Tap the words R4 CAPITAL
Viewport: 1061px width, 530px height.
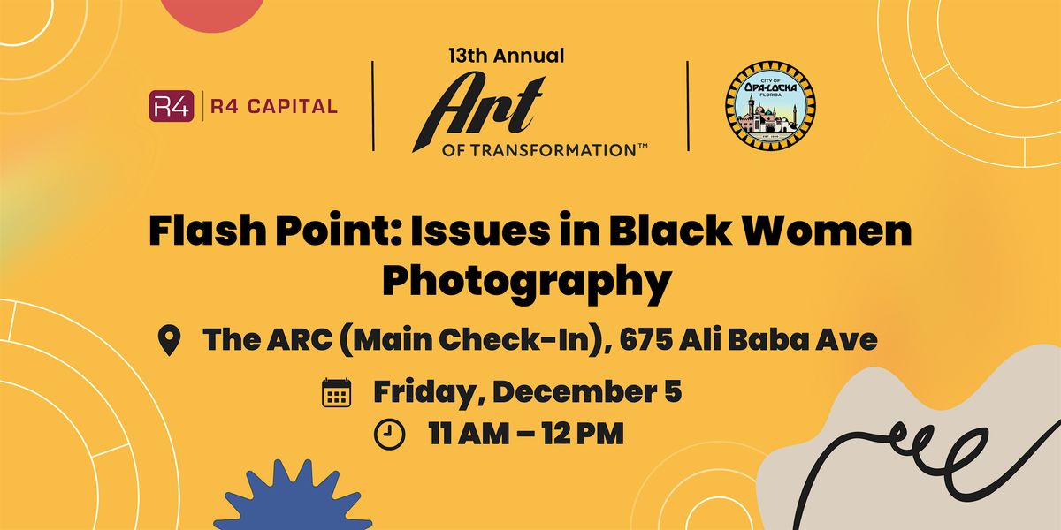click(274, 107)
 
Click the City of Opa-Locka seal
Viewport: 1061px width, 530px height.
click(770, 105)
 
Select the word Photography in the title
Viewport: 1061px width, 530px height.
click(527, 281)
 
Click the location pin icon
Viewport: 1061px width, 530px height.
click(168, 340)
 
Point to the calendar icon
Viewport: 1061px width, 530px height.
click(336, 391)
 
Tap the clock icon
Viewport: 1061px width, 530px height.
click(389, 434)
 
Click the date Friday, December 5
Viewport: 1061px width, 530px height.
click(527, 391)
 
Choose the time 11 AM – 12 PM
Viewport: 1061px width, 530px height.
click(526, 434)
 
